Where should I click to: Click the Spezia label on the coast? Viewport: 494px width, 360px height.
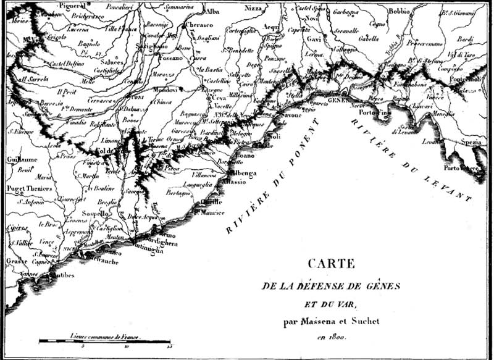coord(471,142)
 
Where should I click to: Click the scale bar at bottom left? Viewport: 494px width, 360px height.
coord(105,341)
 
